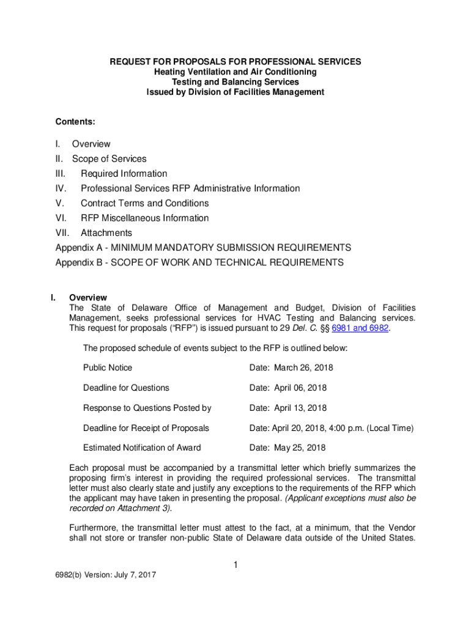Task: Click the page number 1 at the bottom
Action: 236,565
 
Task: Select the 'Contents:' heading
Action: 75,122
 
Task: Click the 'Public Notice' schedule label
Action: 108,367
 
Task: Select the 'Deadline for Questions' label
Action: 126,388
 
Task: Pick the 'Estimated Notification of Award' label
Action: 142,447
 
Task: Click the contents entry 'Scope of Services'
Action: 109,159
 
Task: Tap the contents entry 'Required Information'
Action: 124,174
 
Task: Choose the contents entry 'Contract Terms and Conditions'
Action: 144,203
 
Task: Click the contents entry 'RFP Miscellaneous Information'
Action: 144,218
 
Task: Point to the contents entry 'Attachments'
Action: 106,233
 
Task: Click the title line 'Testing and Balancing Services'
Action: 235,82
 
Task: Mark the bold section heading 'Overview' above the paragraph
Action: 88,298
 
